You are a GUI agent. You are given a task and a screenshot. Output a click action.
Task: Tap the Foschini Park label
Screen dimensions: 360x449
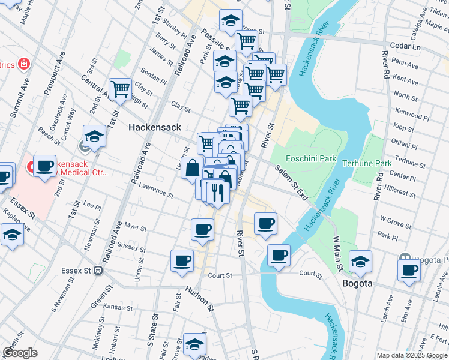point(309,160)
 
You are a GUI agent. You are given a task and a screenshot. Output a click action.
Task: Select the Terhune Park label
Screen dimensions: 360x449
point(366,163)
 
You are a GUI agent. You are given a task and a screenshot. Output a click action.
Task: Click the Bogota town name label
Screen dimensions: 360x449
point(358,283)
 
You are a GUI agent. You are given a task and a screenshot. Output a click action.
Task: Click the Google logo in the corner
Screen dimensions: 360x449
point(20,353)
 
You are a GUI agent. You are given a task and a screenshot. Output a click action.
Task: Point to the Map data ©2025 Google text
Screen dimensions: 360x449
point(411,355)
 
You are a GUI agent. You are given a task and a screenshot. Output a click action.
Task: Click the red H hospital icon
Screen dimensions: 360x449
point(24,63)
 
